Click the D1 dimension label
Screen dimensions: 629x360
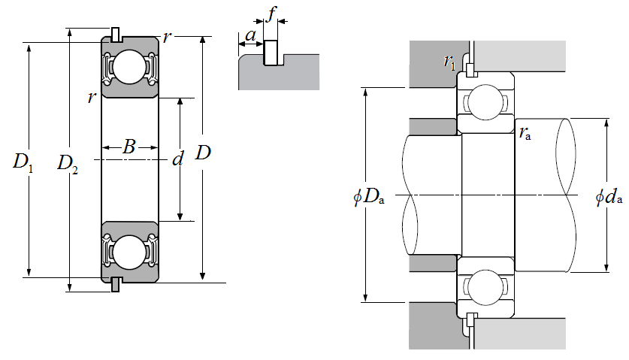(x=23, y=162)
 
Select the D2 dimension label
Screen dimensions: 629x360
(x=68, y=164)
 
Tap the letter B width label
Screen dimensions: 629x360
(x=129, y=147)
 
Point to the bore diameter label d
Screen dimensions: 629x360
(x=177, y=159)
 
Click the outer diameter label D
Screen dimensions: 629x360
(x=203, y=153)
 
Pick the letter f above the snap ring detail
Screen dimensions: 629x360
(x=272, y=14)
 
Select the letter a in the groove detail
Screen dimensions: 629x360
(x=250, y=35)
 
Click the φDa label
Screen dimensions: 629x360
(x=369, y=197)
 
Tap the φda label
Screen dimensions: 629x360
(x=609, y=197)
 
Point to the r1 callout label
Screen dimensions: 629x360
(x=449, y=62)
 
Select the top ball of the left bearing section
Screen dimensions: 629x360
(x=129, y=67)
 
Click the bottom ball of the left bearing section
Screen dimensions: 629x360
(x=129, y=252)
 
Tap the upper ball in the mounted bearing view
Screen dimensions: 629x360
(x=485, y=102)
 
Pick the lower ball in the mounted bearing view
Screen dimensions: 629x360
(x=485, y=286)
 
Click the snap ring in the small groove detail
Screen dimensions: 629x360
(x=271, y=53)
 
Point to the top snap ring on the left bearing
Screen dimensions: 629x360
(x=116, y=35)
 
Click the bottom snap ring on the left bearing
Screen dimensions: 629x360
(x=116, y=284)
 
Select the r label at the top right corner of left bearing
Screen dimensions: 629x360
(x=167, y=37)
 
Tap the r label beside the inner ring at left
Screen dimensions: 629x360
(x=92, y=97)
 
